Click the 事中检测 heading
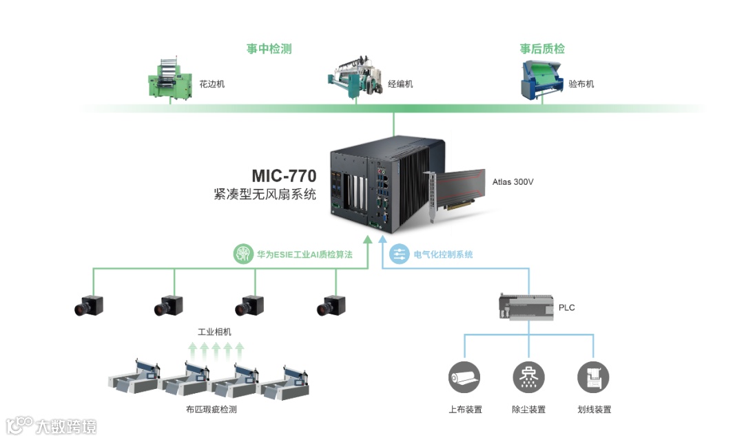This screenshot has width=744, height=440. pyautogui.click(x=269, y=49)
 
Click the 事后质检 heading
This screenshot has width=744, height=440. pyautogui.click(x=542, y=49)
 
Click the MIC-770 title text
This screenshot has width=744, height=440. pyautogui.click(x=284, y=176)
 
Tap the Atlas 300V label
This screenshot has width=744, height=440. pyautogui.click(x=513, y=183)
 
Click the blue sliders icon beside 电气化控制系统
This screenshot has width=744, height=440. pyautogui.click(x=399, y=254)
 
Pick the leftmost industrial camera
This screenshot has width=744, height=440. pyautogui.click(x=89, y=305)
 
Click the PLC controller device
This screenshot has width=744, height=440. pyautogui.click(x=526, y=308)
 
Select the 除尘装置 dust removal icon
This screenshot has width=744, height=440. pyautogui.click(x=529, y=377)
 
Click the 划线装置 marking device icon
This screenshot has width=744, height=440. pyautogui.click(x=593, y=377)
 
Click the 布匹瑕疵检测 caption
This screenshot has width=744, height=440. pyautogui.click(x=207, y=410)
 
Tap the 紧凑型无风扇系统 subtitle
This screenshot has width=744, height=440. pyautogui.click(x=265, y=195)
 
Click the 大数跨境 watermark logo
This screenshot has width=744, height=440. pyautogui.click(x=52, y=425)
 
